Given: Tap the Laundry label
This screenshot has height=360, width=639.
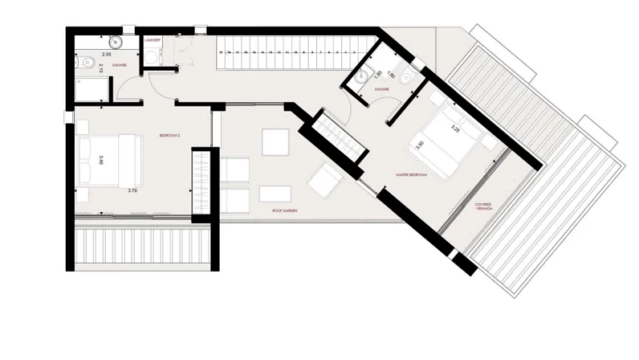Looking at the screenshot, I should (x=152, y=39).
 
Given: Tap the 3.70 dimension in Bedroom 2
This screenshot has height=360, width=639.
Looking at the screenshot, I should (x=132, y=190).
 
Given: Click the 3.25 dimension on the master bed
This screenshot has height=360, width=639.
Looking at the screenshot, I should (x=454, y=129).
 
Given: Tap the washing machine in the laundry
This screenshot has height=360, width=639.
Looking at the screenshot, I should (x=151, y=55).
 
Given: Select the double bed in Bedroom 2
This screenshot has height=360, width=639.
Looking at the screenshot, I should (x=108, y=160).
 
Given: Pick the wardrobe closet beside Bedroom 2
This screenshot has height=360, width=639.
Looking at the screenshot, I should (x=201, y=184).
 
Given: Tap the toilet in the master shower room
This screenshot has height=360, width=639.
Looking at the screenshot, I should (x=403, y=77).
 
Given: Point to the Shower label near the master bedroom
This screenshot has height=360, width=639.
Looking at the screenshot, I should (x=382, y=88).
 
